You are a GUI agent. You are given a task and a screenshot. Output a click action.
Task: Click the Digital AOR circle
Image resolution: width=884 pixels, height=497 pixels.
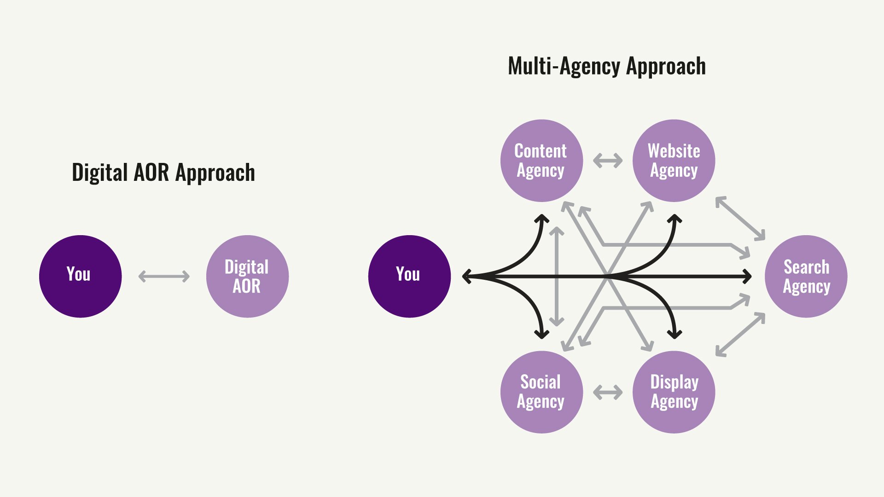[247, 276]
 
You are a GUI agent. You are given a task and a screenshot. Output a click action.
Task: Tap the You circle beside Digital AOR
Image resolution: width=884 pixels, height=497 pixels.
[80, 276]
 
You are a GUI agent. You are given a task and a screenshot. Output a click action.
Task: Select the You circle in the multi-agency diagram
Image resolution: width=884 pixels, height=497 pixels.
[409, 276]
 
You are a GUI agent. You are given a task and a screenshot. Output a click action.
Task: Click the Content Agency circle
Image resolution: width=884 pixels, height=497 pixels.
[541, 161]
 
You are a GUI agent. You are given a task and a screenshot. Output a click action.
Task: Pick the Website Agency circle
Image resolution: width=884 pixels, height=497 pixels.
[674, 161]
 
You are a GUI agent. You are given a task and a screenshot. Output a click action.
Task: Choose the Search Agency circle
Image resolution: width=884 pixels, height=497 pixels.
[806, 276]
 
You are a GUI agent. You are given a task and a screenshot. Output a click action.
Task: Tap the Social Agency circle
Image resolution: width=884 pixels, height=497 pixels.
[541, 392]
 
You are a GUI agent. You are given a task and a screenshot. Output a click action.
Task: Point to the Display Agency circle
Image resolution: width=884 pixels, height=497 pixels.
[674, 392]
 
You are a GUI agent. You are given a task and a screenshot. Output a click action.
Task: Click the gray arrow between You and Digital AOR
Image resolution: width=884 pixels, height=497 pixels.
[164, 276]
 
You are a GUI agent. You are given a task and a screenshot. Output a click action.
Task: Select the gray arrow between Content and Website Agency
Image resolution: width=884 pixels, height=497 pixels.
[608, 161]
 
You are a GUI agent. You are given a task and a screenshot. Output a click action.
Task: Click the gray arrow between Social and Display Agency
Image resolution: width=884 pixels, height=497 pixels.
[608, 393]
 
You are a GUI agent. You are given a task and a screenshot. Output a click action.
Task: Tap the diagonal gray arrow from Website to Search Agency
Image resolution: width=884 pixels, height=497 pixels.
[740, 218]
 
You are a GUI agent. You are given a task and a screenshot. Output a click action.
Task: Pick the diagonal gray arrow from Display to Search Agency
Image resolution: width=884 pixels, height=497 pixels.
[740, 335]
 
